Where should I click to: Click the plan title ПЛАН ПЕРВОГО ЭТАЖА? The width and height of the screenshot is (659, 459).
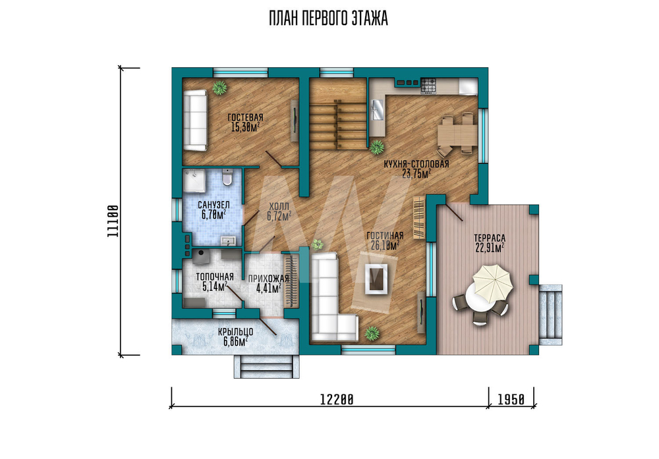coord(328,19)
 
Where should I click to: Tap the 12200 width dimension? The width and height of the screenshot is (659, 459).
coord(337,399)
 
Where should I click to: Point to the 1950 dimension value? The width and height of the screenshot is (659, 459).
coord(511,399)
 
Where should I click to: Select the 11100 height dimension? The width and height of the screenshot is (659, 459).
coord(113,221)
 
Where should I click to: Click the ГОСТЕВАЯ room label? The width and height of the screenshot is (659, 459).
coord(245,118)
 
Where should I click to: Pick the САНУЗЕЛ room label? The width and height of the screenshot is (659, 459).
coord(214,205)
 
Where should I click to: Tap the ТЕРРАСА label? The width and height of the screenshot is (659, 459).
coord(490,238)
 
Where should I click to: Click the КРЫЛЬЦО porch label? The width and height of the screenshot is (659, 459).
coord(235,332)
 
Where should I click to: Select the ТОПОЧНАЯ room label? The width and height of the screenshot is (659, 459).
coord(215,277)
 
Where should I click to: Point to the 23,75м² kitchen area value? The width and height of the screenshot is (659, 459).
coord(416,174)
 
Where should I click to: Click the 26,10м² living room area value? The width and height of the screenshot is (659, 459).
coord(385,246)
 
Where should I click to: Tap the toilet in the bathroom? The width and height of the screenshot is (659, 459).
coord(227,178)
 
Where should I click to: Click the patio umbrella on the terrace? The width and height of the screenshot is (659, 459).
coord(492,283)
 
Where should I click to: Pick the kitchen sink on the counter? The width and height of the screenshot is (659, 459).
coord(376,110)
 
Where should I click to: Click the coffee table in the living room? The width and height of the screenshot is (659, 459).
coord(376,279)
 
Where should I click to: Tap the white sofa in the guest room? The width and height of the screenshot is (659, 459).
coord(195,120)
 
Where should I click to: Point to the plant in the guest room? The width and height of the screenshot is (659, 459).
coord(219,88)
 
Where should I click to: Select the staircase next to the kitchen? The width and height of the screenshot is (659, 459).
coord(338,114)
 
